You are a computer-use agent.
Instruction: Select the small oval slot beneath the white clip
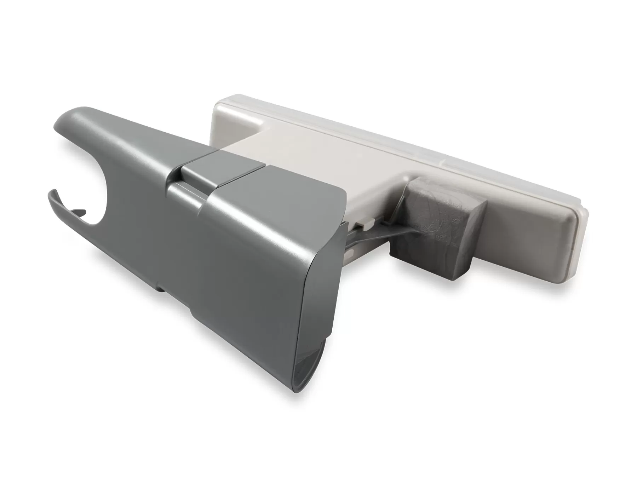click(350, 253)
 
